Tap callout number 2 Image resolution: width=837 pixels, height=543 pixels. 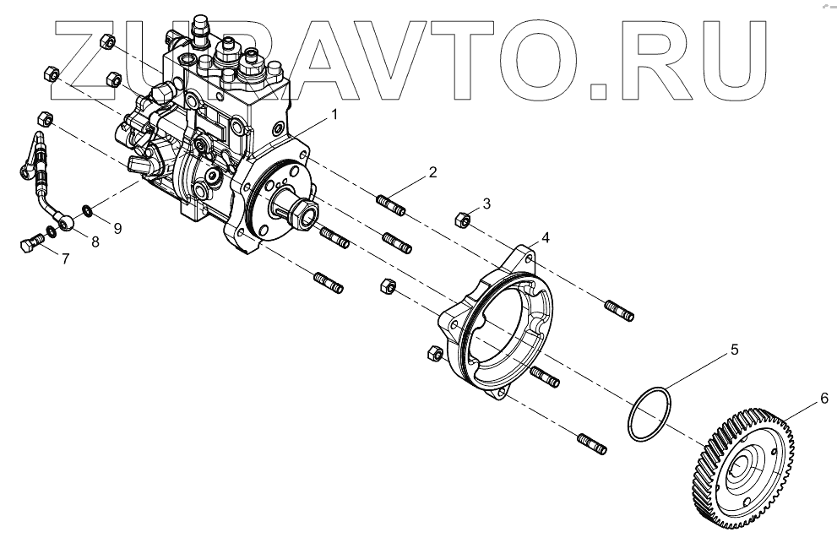pos(432,172)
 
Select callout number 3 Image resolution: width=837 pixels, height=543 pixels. pos(486,204)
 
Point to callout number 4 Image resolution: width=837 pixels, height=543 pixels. pos(546,238)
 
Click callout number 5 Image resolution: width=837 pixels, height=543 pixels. pos(734,348)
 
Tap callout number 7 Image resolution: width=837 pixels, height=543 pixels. pos(66,258)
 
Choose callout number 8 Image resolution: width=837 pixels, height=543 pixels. pos(95,242)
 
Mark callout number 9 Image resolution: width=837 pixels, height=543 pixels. pos(117,227)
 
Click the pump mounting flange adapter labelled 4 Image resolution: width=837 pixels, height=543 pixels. pos(498,321)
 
